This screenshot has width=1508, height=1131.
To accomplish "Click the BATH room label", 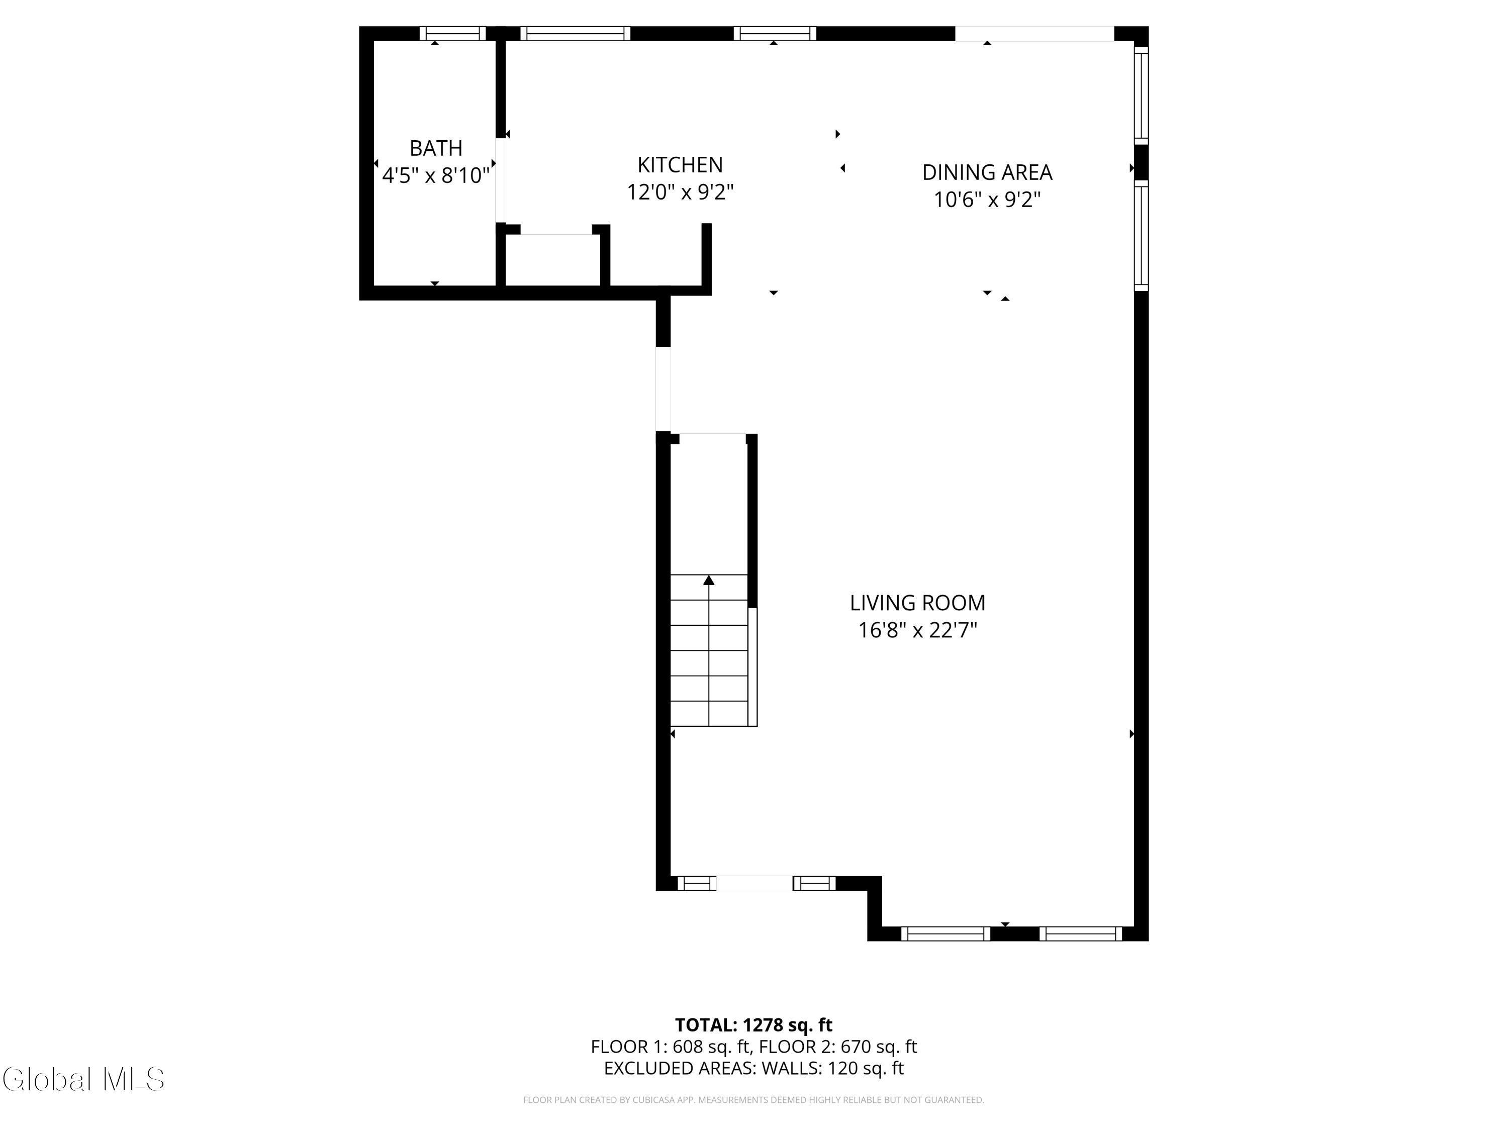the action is click(x=436, y=148).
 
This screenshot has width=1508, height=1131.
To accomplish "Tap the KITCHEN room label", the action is click(x=680, y=164).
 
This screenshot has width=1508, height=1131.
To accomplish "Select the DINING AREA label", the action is click(x=987, y=172).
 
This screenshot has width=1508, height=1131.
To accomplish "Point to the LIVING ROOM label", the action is click(x=917, y=603).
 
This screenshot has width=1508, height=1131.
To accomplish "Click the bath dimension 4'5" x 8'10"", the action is click(x=436, y=176).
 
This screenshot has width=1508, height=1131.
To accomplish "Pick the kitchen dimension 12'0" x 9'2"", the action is click(x=680, y=192).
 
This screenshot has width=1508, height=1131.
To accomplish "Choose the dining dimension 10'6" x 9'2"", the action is click(x=987, y=200).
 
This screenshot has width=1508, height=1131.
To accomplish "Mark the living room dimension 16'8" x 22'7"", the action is click(x=917, y=630).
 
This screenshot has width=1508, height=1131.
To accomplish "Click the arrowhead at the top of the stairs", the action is click(x=709, y=580).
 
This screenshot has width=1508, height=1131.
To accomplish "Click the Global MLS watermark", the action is click(x=83, y=1079).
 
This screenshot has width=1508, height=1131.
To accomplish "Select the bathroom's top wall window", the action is click(x=453, y=33).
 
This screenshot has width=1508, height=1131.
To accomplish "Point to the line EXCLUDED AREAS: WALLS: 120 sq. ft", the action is click(x=753, y=1068).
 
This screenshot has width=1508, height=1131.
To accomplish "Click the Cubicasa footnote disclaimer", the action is click(x=753, y=1100).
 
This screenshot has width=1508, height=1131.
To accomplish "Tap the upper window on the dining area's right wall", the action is click(x=1141, y=95).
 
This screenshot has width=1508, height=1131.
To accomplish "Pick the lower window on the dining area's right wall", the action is click(x=1141, y=235).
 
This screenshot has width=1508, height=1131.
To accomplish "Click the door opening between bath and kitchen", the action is click(x=500, y=180).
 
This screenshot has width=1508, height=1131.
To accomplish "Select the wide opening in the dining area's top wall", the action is click(x=1034, y=33).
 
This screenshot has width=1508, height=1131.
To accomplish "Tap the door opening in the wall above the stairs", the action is click(x=663, y=389).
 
